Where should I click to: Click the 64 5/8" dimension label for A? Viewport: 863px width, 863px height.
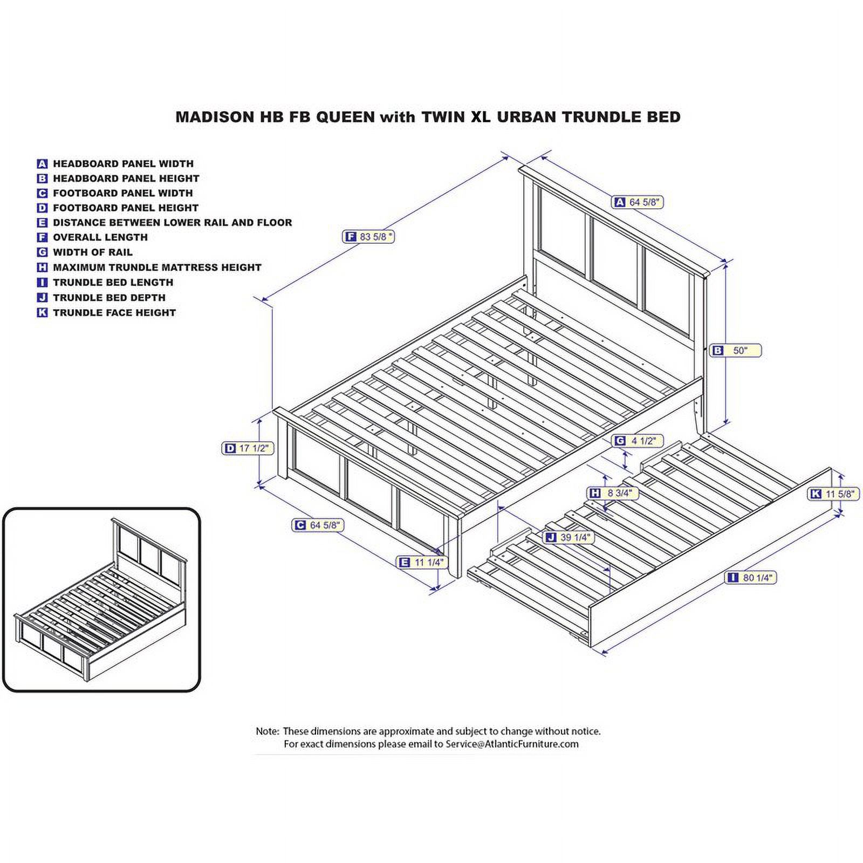tap(638, 202)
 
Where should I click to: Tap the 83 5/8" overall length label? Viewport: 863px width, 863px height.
tap(369, 236)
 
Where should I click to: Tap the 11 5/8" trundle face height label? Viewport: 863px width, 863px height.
tap(833, 494)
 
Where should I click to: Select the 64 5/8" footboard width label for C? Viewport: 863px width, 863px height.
tap(318, 525)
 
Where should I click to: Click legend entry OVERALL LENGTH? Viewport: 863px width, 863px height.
tap(100, 237)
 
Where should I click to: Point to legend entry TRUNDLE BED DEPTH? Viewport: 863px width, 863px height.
tap(109, 298)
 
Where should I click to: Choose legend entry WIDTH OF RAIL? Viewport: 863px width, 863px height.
tap(92, 252)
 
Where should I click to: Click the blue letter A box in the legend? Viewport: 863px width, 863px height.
tap(42, 164)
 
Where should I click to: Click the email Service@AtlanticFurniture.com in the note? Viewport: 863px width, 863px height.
tap(511, 744)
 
